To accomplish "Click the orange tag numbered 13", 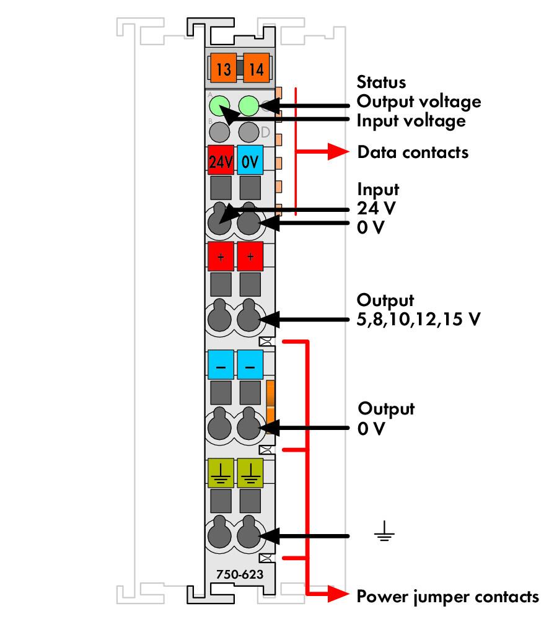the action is tap(223, 68).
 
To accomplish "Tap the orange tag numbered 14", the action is tap(257, 68).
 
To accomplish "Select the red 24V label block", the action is tap(221, 160).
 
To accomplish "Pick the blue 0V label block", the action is tap(250, 160).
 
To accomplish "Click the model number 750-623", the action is tap(240, 574).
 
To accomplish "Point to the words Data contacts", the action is tap(413, 152).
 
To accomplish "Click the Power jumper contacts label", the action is tap(448, 597).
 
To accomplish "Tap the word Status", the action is tap(382, 82).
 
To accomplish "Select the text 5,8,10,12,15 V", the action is tap(419, 319).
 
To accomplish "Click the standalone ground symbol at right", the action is tap(385, 531).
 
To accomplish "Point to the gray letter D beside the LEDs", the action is tap(265, 132).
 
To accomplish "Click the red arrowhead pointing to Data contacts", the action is tap(338, 152).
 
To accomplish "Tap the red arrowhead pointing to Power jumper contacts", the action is tap(338, 594).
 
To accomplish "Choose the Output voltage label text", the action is tap(419, 102).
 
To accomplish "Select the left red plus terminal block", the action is tap(221, 256).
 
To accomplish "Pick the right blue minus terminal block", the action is tap(250, 365).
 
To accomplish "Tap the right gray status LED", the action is tap(248, 132).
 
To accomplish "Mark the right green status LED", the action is tap(248, 105).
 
